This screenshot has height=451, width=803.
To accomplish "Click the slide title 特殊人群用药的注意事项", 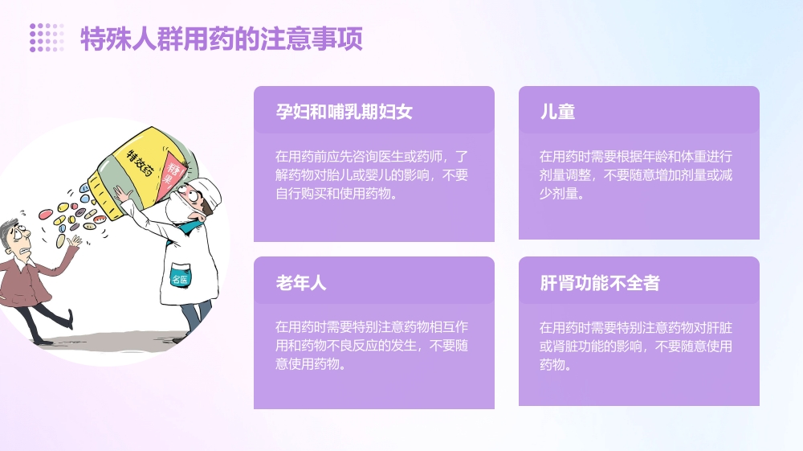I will click(x=222, y=39).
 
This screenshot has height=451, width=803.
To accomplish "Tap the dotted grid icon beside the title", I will click(x=47, y=38).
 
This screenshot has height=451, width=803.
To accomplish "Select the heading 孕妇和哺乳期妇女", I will click(x=344, y=112).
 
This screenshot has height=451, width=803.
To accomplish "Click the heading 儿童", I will click(x=557, y=112).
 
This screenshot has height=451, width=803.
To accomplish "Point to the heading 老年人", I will click(x=301, y=283).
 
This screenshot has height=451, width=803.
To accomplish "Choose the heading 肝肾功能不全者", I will click(x=600, y=283).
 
